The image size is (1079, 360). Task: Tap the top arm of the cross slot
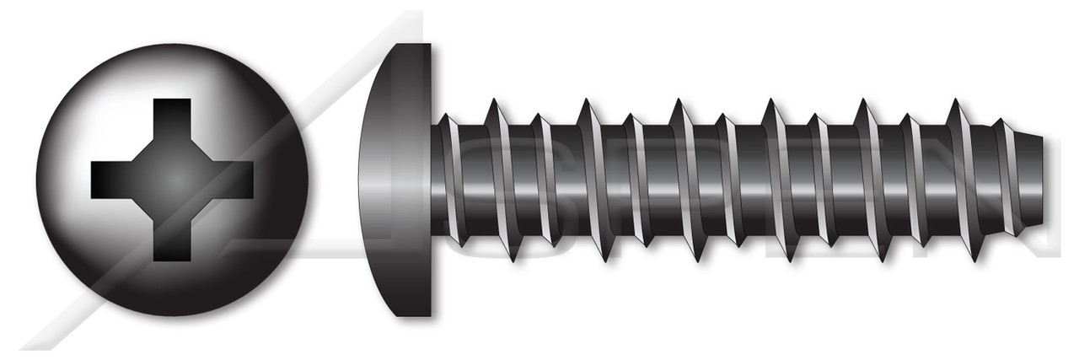click(x=173, y=118)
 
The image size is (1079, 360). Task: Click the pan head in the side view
click(x=396, y=180)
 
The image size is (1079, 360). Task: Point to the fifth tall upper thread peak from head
click(x=863, y=104)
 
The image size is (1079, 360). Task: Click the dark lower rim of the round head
click(x=173, y=299)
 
